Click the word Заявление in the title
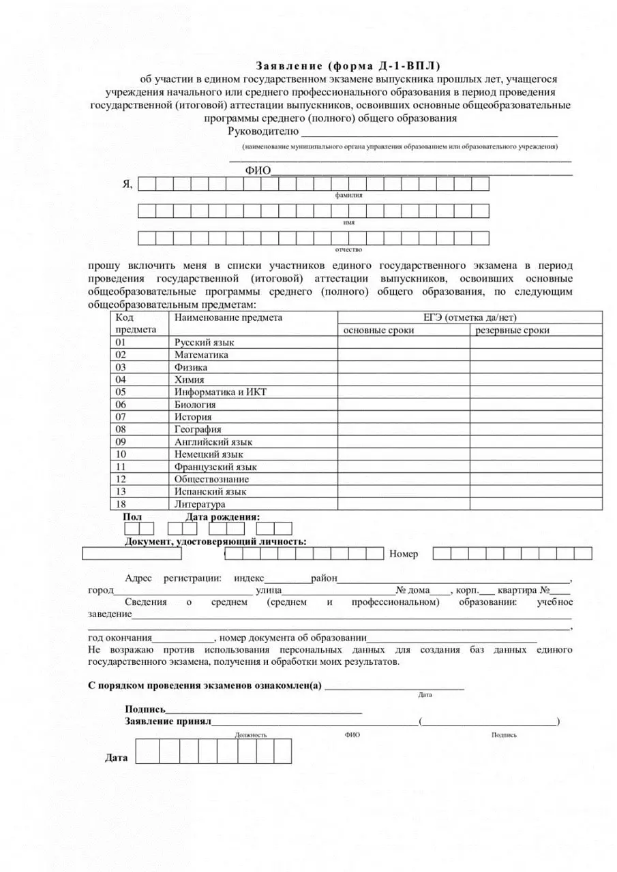[x=290, y=66]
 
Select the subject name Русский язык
[x=204, y=343]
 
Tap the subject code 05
[x=121, y=392]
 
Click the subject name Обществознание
[x=211, y=479]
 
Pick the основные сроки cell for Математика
[x=404, y=355]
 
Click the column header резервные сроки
[x=512, y=330]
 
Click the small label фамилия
[x=348, y=196]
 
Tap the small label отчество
[x=348, y=250]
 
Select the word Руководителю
[x=263, y=131]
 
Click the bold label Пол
[x=132, y=517]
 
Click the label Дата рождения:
[x=222, y=517]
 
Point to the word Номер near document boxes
[x=404, y=554]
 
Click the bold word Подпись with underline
[x=145, y=709]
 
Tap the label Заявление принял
[x=168, y=721]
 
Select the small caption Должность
[x=251, y=735]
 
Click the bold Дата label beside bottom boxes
[x=116, y=758]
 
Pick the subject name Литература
[x=200, y=504]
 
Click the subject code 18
[x=121, y=504]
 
